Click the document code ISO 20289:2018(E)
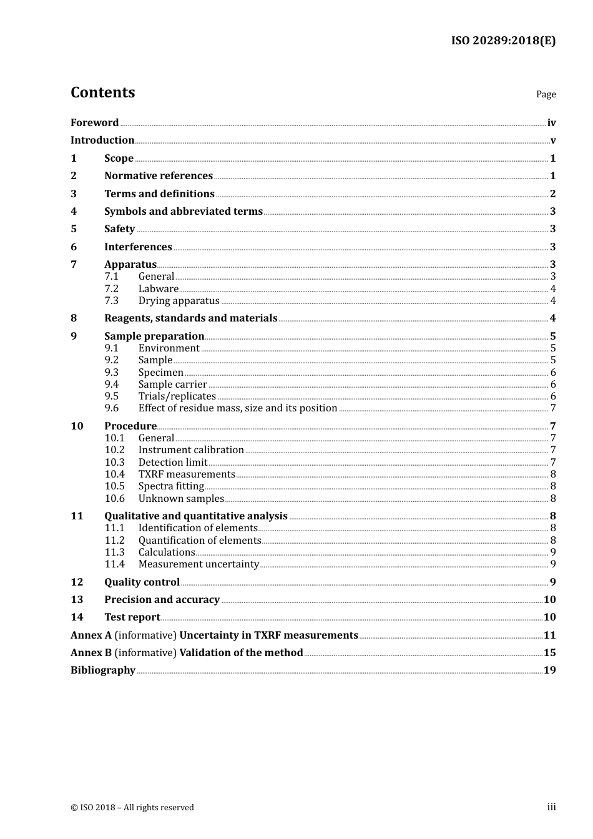pos(503,41)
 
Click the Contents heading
pos(102,92)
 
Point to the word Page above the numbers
pos(546,94)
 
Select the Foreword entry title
pos(94,123)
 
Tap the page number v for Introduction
pos(552,140)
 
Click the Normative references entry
pos(159,176)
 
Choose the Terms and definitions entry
pos(159,194)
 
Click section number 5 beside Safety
pos(74,229)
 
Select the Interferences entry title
pos(138,247)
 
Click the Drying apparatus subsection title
pos(179,301)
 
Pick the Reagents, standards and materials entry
pos(190,318)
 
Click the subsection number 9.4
pos(112,385)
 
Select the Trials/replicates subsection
pos(177,396)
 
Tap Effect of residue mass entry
pos(238,408)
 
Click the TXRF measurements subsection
pos(187,474)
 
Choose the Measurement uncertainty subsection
pos(198,564)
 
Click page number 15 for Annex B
pos(549,653)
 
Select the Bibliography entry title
pos(103,670)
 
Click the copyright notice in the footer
pos(132,808)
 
